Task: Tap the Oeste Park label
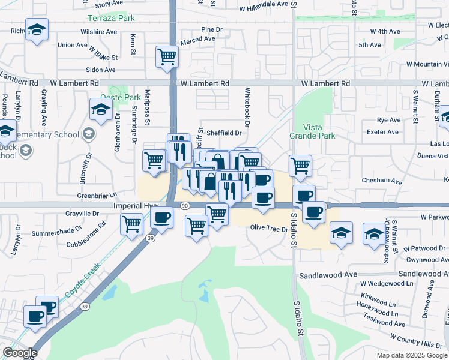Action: (x=120, y=97)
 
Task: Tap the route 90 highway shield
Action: (x=184, y=206)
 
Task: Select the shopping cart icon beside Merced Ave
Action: (x=167, y=56)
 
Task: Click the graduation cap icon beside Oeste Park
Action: (x=101, y=109)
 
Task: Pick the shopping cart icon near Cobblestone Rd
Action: (x=132, y=224)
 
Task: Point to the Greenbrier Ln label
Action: (x=97, y=195)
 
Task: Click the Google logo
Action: (x=20, y=353)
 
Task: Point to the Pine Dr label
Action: (x=212, y=29)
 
